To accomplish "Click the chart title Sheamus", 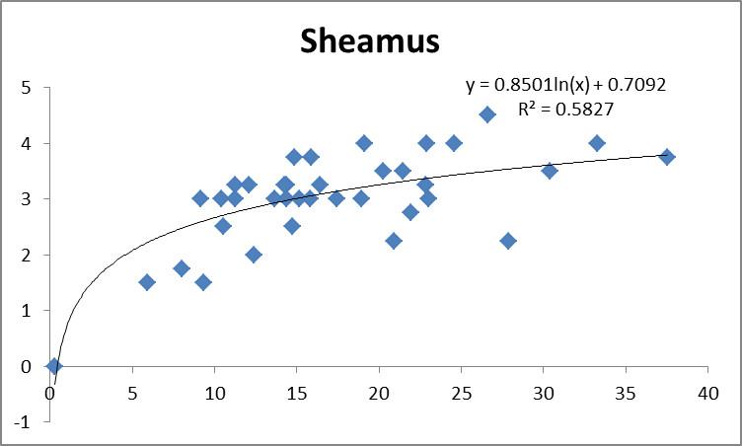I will coord(370,42).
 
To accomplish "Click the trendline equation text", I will coord(565,86).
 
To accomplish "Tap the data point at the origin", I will coord(54,366).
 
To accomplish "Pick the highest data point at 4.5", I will coord(487,114).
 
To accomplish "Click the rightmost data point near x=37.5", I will coord(667,157).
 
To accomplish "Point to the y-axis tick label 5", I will coord(31,87).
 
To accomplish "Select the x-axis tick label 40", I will coord(706,392).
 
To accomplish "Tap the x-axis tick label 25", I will coord(461,392).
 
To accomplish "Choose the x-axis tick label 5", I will coord(132,392).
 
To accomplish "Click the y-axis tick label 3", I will coord(31,198).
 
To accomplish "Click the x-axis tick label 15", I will coord(297,392).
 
